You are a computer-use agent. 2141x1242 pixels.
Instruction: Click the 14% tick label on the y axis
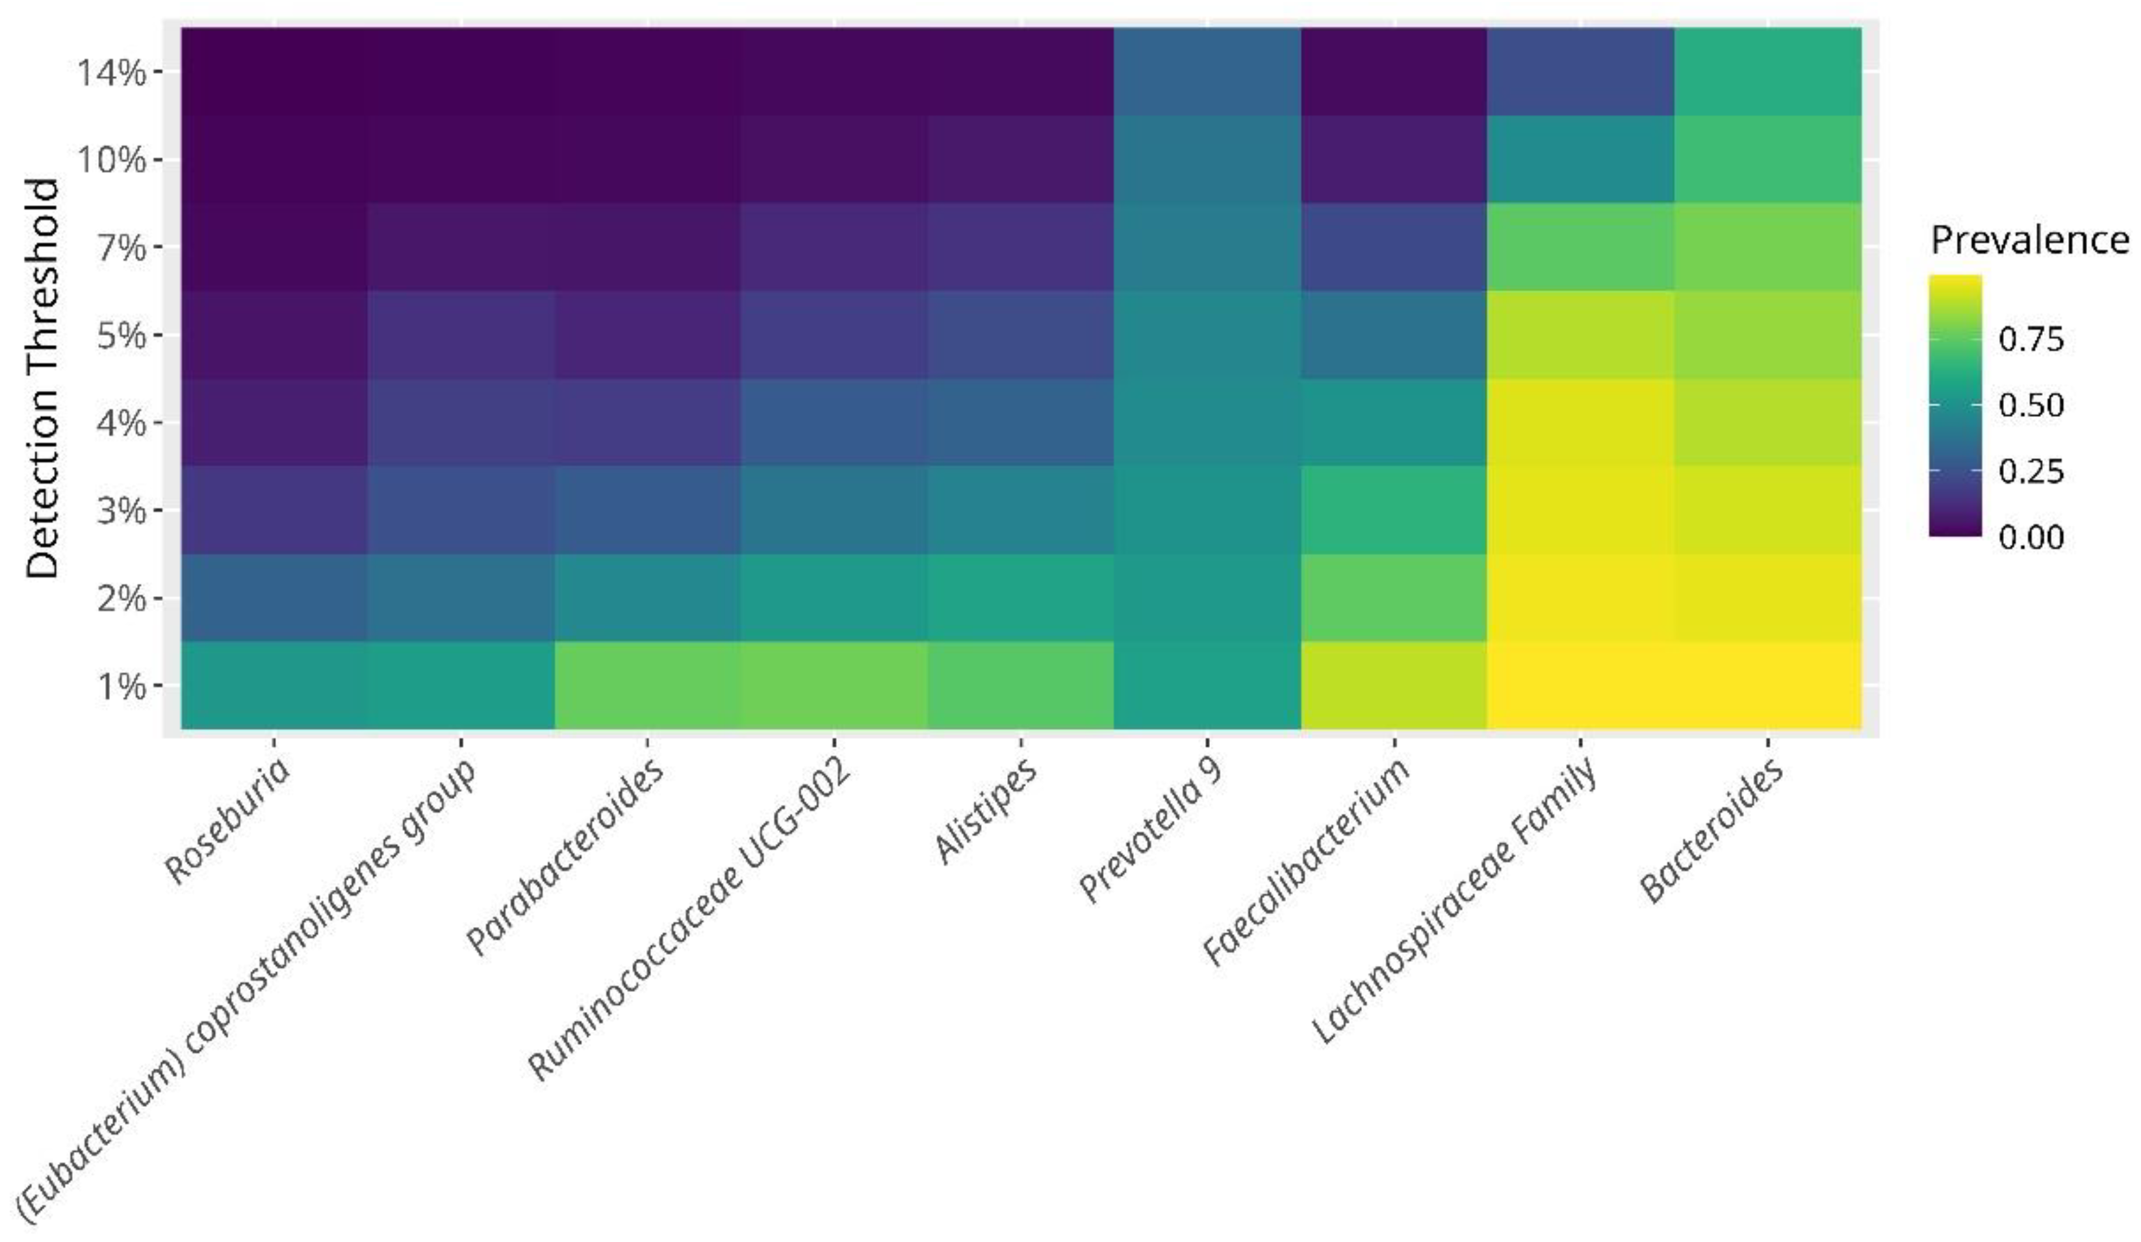[110, 73]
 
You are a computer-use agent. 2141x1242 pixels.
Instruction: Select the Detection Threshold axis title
[42, 378]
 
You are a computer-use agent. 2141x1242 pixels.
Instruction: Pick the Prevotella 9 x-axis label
[1151, 830]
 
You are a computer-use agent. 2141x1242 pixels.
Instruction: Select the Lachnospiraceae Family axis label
[1455, 900]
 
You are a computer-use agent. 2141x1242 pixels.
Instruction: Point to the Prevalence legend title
[2029, 240]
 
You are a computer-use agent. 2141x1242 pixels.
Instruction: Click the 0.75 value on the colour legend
[2031, 340]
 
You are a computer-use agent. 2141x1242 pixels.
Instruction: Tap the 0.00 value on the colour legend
[2031, 537]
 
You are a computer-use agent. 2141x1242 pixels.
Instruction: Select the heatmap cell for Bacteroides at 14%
[1767, 71]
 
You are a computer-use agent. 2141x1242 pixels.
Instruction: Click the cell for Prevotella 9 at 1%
[1207, 685]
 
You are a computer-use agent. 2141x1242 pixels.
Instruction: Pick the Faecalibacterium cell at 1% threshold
[1393, 685]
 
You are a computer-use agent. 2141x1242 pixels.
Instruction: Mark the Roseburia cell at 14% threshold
[274, 71]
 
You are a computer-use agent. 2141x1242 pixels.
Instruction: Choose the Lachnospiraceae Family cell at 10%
[1580, 159]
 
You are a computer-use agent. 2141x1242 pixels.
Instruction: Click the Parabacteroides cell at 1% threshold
[647, 685]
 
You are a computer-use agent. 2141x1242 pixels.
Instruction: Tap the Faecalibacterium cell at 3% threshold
[1393, 510]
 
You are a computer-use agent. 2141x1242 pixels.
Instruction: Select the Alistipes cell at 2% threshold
[1019, 597]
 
